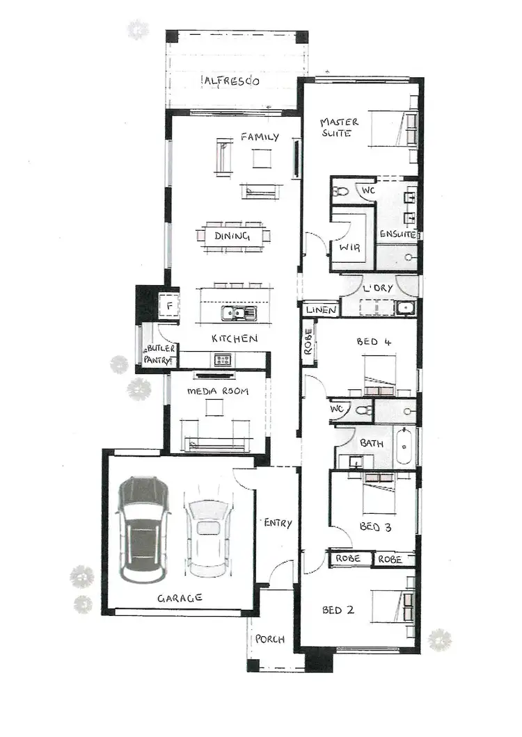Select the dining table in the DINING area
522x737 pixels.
click(x=232, y=236)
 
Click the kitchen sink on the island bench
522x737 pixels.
click(x=239, y=314)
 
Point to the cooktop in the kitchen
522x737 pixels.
click(x=223, y=359)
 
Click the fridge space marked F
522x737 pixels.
click(x=168, y=305)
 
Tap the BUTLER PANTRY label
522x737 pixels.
click(x=160, y=354)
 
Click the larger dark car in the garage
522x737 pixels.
click(x=143, y=531)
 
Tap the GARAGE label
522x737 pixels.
click(x=180, y=597)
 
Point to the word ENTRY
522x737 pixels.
click(x=278, y=523)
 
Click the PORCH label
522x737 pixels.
click(x=270, y=639)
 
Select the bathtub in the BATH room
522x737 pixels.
click(x=404, y=448)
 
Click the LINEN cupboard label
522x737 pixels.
click(x=321, y=310)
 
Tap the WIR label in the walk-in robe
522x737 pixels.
click(x=349, y=248)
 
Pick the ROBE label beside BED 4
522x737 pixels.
click(x=308, y=342)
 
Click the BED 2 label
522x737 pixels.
click(x=338, y=610)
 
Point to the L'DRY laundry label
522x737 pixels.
click(x=378, y=288)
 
